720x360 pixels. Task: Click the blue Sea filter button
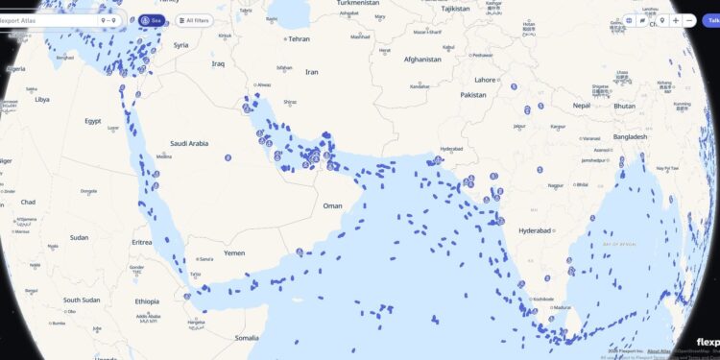coord(152,20)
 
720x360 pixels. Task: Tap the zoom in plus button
coord(676,20)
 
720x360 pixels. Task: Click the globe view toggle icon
coord(630,20)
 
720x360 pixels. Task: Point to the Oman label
coord(332,205)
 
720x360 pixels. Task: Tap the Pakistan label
coord(473,95)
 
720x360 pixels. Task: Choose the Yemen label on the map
coord(234,252)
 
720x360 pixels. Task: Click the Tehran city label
coord(299,39)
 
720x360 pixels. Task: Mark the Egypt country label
coord(92,121)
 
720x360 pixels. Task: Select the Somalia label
coord(246,338)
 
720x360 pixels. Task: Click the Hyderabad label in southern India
coord(535,231)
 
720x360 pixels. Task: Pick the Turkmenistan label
coord(359,3)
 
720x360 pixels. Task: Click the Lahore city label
coord(486,80)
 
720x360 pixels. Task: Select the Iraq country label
coord(218,64)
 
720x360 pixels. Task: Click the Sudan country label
coord(79,237)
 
